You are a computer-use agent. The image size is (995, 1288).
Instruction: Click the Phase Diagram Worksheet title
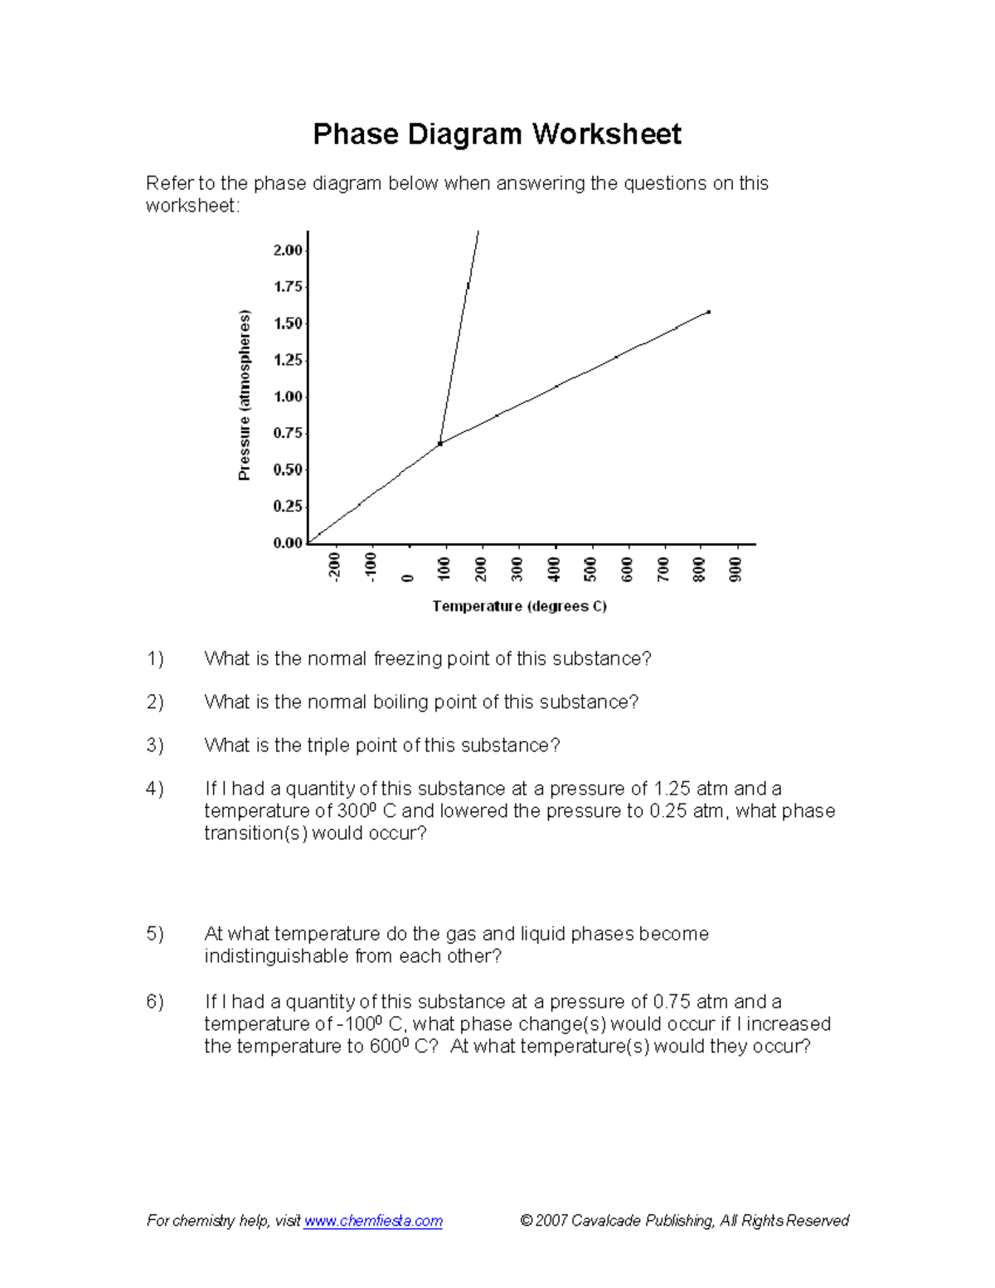click(497, 134)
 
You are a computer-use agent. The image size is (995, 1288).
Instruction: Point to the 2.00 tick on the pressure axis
click(289, 250)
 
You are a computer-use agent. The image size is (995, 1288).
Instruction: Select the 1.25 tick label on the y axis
click(289, 360)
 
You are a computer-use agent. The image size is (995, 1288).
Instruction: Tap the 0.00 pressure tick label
click(289, 543)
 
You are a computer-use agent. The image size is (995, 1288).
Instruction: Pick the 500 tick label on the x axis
click(590, 569)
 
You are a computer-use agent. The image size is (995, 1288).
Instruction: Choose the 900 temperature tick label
click(735, 569)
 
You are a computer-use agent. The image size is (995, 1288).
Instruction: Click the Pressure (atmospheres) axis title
click(244, 395)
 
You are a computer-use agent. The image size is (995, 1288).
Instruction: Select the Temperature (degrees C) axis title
click(520, 606)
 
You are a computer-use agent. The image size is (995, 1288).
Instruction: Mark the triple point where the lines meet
click(439, 444)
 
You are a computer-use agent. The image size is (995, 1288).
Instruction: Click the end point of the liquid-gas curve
click(708, 312)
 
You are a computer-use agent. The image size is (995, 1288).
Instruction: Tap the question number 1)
click(155, 659)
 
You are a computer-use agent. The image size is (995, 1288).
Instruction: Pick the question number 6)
click(155, 1002)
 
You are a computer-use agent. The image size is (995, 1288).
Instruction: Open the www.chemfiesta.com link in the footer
click(373, 1221)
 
